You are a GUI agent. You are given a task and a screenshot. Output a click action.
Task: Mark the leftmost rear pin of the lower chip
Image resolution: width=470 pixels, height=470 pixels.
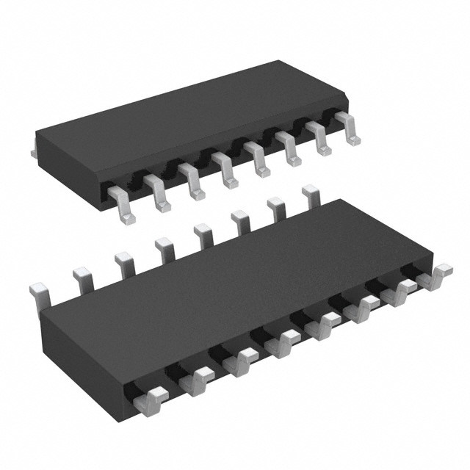pos(38,290)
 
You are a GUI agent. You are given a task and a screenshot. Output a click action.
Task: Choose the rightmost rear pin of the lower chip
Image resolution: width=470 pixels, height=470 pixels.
pos(312,196)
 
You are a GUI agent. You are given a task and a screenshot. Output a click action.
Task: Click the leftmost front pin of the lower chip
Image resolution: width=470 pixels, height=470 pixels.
pos(151,400)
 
